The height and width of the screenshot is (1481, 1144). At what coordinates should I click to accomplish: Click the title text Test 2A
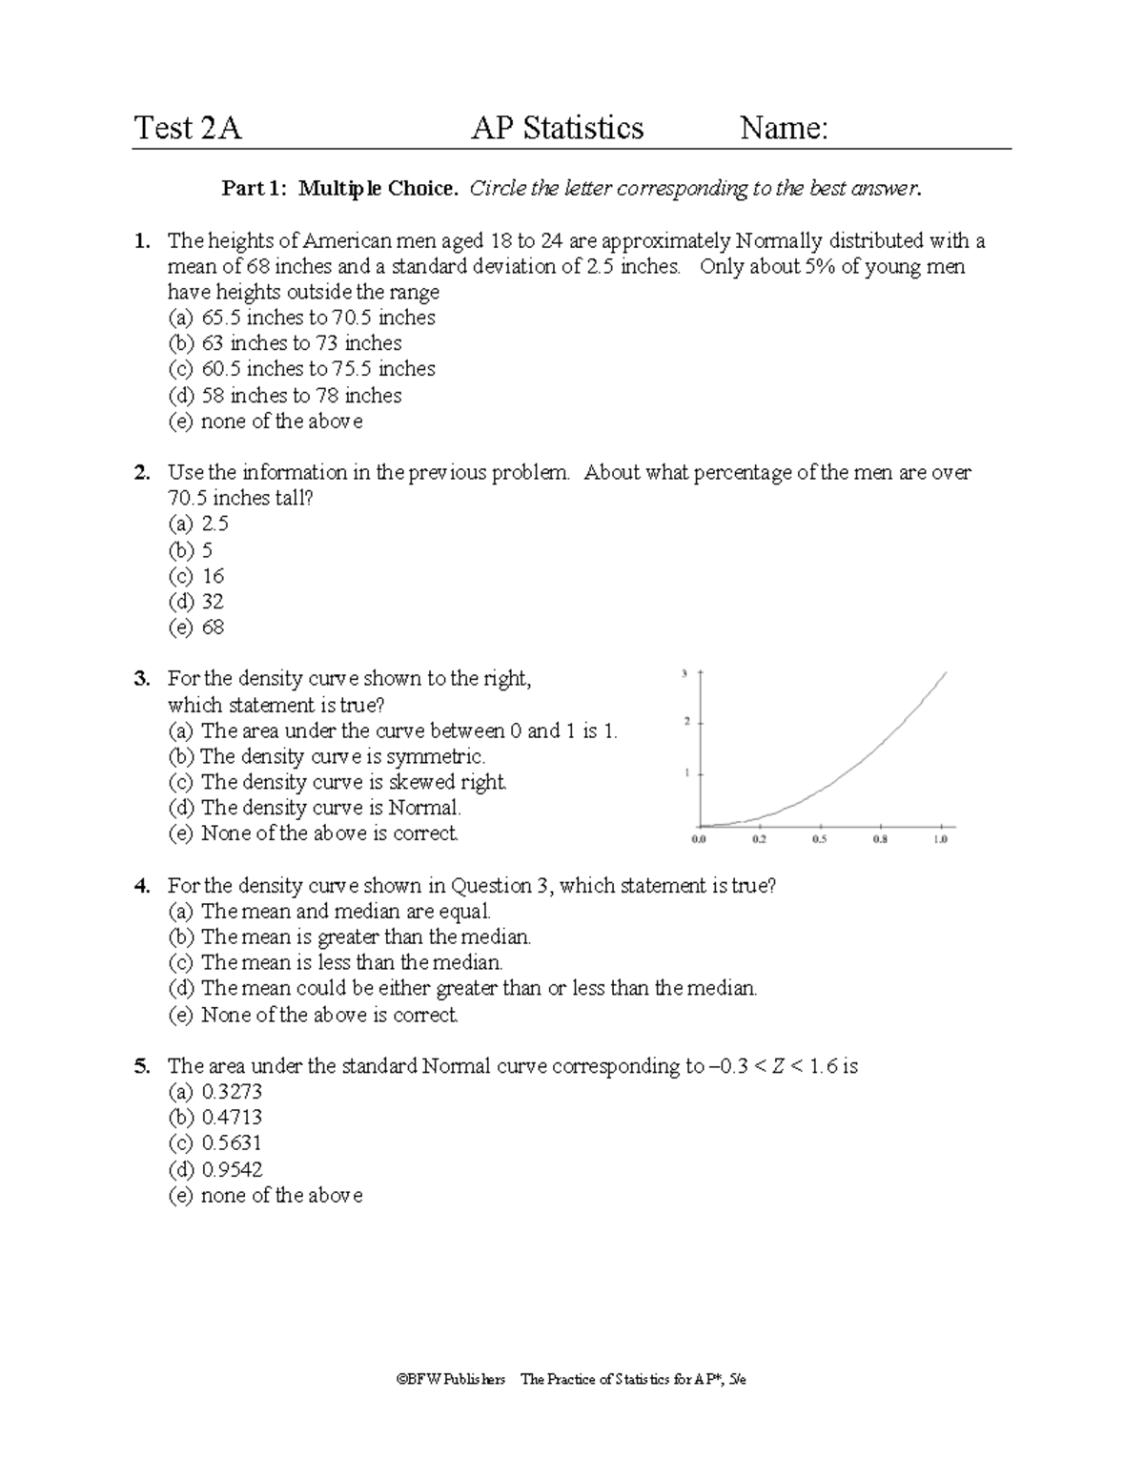click(188, 128)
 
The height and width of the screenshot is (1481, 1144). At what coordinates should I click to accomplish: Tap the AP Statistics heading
click(558, 128)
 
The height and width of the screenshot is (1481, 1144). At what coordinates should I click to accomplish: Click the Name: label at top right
click(784, 128)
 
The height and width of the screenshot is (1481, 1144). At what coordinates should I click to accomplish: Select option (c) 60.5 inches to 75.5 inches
click(302, 369)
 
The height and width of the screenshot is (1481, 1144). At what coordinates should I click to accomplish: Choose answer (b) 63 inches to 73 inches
click(285, 343)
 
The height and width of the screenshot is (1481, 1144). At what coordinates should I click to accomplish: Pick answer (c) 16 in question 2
click(196, 576)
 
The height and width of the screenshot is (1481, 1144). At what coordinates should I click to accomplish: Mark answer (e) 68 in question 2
click(196, 627)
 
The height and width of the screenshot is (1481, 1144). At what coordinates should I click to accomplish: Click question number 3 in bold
click(142, 679)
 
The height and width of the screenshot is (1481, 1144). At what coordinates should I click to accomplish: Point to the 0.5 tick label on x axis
click(819, 839)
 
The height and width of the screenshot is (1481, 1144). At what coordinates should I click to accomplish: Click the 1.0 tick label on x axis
click(940, 839)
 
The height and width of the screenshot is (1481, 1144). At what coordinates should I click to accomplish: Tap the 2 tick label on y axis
click(686, 722)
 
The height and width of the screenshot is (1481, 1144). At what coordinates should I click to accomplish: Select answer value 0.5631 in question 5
click(232, 1143)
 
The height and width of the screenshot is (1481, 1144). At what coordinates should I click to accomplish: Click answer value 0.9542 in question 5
click(232, 1169)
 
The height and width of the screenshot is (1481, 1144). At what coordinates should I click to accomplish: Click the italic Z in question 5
click(778, 1066)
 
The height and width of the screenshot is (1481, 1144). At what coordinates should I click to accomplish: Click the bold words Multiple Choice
click(378, 189)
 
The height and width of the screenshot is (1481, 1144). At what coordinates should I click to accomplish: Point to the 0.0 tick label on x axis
click(698, 839)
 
